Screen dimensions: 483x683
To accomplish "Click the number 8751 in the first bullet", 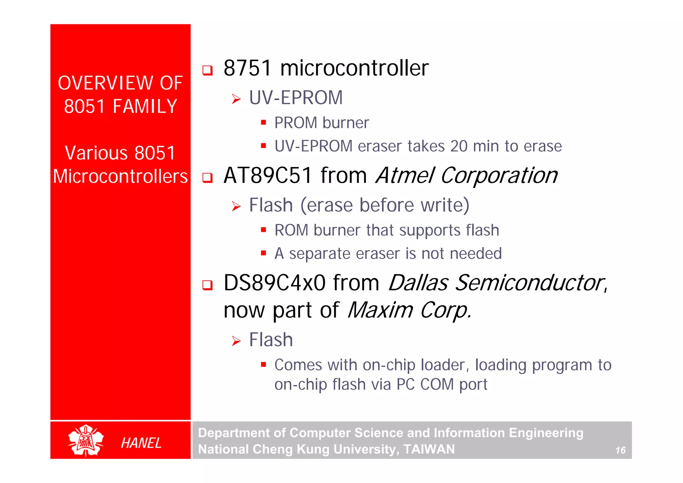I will (248, 68).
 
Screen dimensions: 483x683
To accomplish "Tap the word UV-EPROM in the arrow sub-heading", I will (296, 98).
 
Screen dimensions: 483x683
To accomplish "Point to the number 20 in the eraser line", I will (459, 146).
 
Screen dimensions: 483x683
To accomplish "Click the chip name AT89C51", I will (268, 175).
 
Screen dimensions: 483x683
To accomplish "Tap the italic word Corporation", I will (499, 175).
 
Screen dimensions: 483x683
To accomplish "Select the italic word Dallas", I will (418, 283).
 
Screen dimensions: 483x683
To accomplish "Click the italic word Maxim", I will (380, 310).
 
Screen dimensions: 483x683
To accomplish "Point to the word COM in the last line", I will (437, 384).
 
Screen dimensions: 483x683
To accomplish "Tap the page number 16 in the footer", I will (620, 450).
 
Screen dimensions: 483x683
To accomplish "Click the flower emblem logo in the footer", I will (86, 440).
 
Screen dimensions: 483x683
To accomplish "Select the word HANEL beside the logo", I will (141, 443).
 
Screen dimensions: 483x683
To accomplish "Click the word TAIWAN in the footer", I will (429, 449).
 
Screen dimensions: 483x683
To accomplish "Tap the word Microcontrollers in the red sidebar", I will (120, 176).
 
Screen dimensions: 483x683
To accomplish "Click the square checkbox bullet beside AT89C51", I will (207, 178).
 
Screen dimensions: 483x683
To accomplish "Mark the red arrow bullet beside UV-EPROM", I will (236, 99).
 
